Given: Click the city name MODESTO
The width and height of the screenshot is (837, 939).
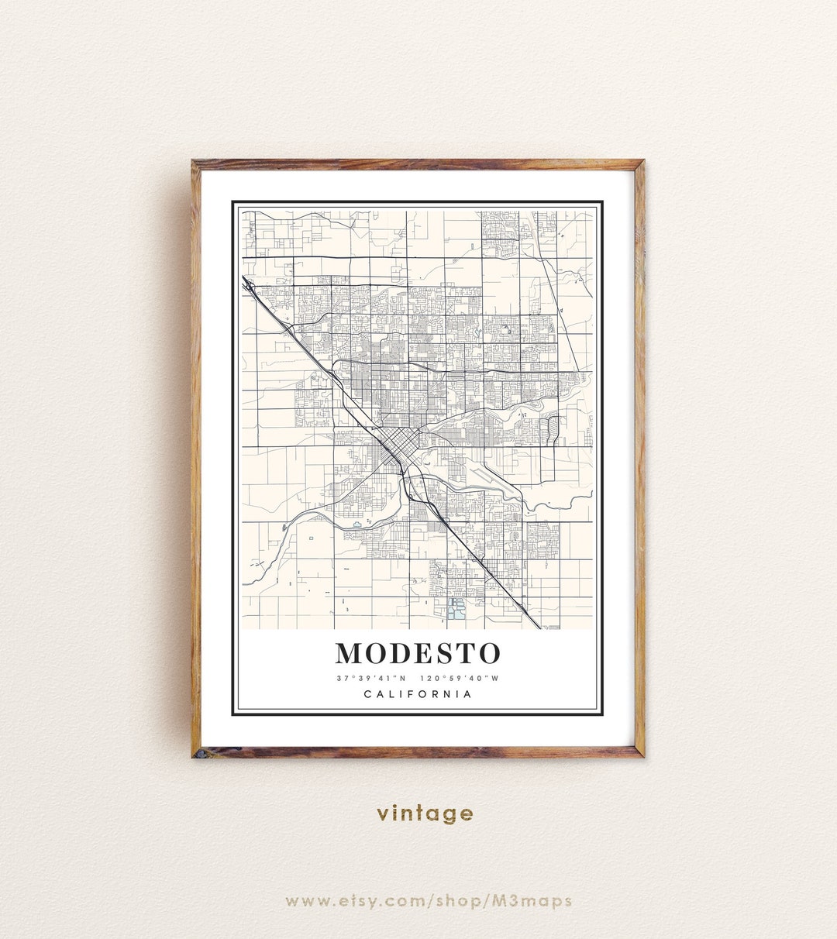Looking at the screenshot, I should pyautogui.click(x=418, y=653).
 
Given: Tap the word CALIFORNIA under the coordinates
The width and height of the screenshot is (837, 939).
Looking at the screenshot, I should pyautogui.click(x=418, y=694).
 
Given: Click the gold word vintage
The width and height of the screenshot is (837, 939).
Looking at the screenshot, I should pyautogui.click(x=425, y=813).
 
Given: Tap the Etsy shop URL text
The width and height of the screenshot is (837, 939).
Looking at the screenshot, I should pyautogui.click(x=429, y=900).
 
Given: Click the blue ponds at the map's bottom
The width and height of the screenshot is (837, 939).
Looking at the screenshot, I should pyautogui.click(x=456, y=609).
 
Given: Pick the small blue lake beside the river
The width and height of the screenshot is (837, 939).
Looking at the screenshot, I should pyautogui.click(x=356, y=525).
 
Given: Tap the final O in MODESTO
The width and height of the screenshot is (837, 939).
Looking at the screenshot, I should pyautogui.click(x=488, y=653).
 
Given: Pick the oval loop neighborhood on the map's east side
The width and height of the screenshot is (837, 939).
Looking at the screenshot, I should pyautogui.click(x=553, y=427).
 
